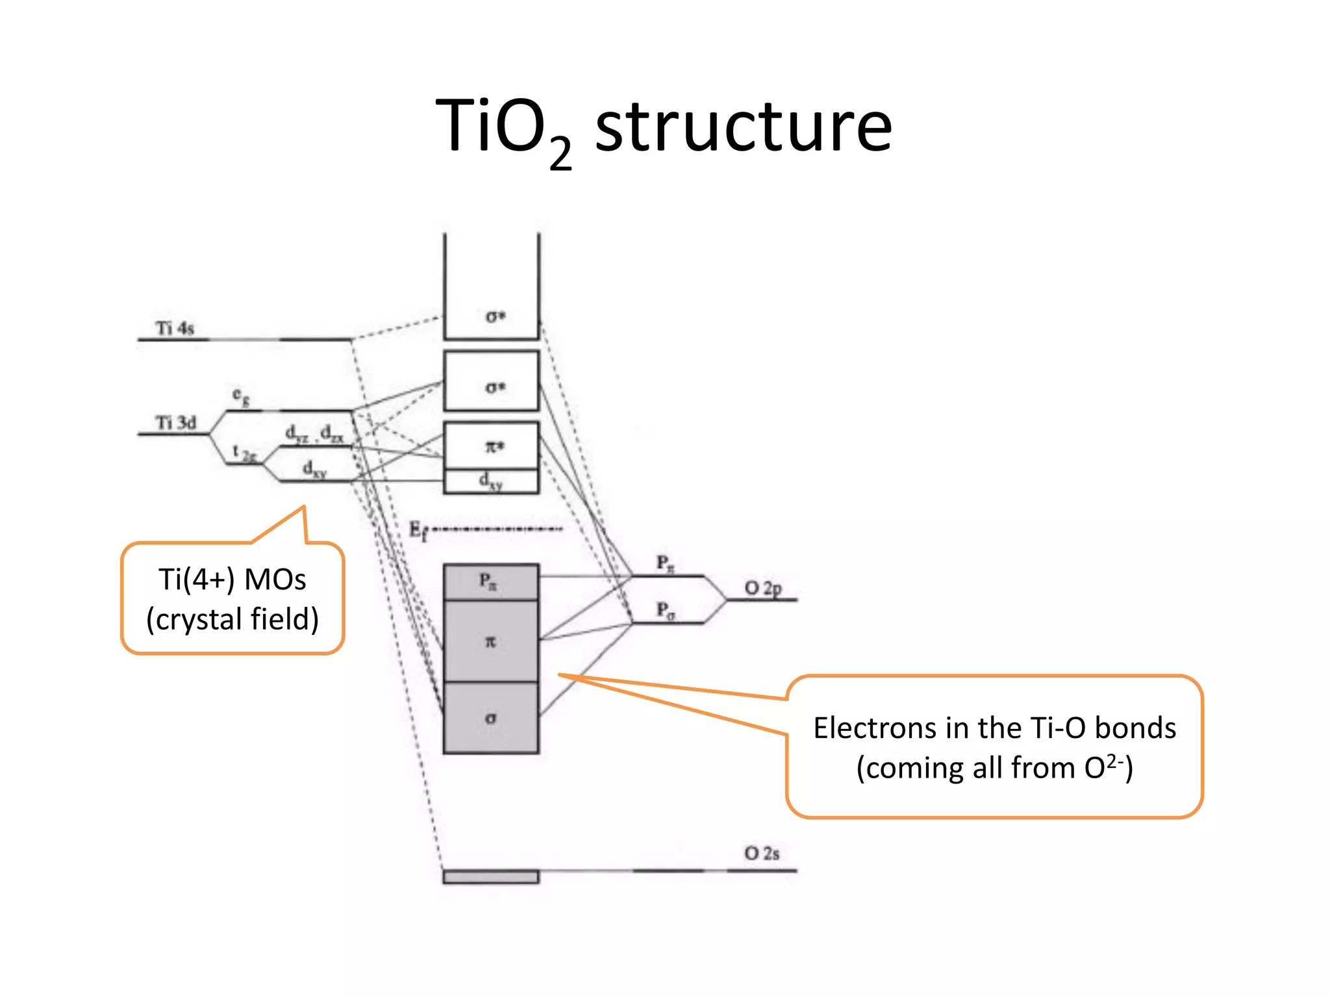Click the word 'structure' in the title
743,127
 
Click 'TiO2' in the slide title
503,130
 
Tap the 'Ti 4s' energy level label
175,328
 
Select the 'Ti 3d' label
175,423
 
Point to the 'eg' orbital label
241,395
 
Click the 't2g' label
244,452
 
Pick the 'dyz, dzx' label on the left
314,433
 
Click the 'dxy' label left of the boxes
314,469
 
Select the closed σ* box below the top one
492,381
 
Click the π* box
492,446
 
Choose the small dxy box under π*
492,482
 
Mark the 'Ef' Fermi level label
418,530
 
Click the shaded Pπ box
492,582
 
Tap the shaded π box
492,641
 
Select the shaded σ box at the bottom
492,718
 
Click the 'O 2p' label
762,588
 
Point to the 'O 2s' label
761,853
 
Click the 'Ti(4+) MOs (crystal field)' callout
232,598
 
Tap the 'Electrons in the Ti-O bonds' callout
994,747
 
